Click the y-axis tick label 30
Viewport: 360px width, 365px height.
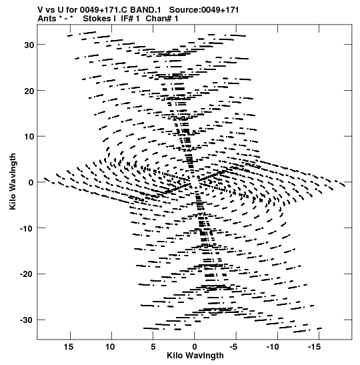(29, 45)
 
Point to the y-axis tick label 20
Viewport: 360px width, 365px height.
(29, 91)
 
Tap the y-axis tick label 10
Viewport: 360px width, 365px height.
(29, 137)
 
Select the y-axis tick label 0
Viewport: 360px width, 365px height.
(31, 183)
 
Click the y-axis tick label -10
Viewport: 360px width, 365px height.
(27, 228)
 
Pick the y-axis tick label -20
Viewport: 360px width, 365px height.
(27, 274)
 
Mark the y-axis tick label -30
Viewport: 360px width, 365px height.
(27, 320)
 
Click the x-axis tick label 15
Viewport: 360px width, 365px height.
(69, 347)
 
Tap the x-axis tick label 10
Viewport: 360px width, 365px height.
(110, 347)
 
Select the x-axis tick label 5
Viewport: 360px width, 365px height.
(153, 347)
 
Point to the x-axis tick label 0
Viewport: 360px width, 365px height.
(195, 347)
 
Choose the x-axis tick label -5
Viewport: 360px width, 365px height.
(233, 347)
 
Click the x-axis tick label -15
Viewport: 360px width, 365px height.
(314, 347)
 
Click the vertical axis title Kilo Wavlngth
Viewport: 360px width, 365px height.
(13, 181)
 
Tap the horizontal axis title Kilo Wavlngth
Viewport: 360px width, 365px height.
(195, 356)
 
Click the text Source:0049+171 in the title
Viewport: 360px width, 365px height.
(204, 10)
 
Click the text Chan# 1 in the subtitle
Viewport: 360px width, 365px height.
(162, 19)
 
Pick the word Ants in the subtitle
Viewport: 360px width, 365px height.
(47, 19)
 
